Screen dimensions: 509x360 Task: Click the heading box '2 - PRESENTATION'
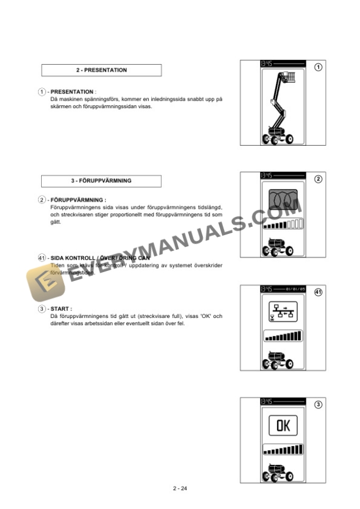coord(101,71)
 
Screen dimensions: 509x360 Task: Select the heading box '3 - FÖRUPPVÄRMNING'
coord(101,181)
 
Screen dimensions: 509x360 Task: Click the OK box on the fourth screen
coord(283,426)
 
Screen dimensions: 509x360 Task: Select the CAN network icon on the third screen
coord(283,312)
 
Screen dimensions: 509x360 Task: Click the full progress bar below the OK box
coord(283,450)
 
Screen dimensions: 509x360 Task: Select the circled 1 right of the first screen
coord(319,67)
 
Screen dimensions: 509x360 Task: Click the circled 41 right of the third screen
coord(319,292)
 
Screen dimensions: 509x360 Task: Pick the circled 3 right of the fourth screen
coord(319,404)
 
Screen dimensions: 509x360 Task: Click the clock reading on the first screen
coord(267,62)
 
